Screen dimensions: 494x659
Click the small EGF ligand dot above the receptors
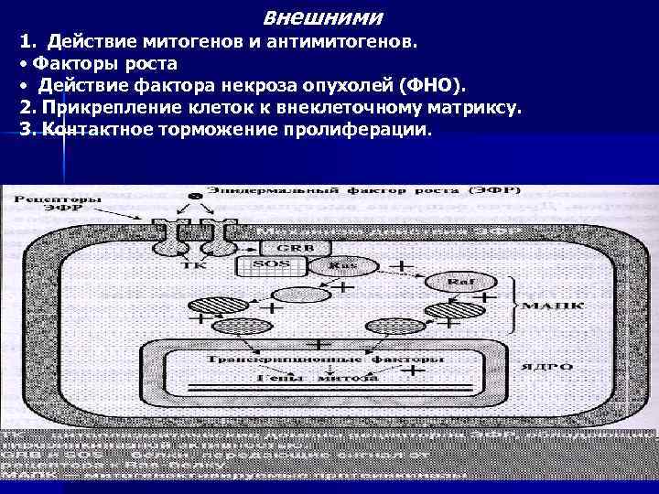194,198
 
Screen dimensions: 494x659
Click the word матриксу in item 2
472,107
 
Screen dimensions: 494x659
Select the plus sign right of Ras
399,266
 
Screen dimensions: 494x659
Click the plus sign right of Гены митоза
414,371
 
